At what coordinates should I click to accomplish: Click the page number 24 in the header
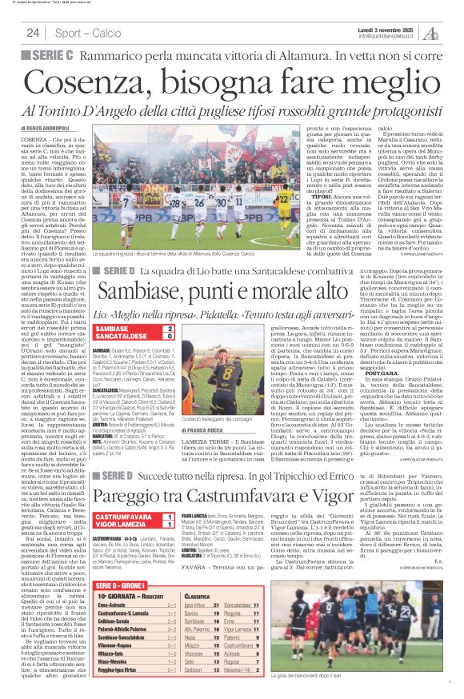(x=33, y=33)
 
